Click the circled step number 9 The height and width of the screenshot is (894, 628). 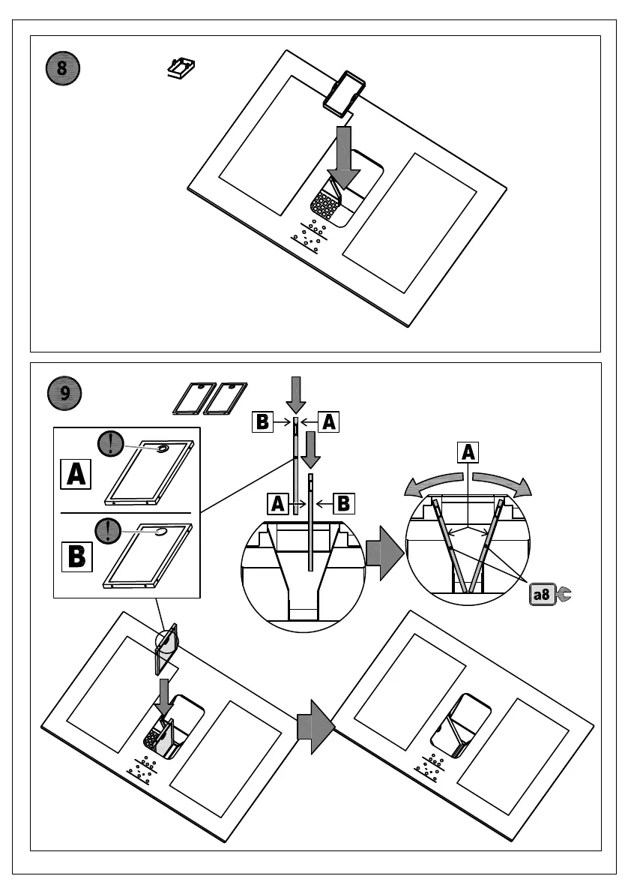(x=66, y=394)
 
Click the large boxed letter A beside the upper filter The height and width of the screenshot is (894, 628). (x=76, y=475)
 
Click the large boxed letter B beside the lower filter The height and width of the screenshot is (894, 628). (x=76, y=556)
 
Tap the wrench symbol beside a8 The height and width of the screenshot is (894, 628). (x=564, y=594)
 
